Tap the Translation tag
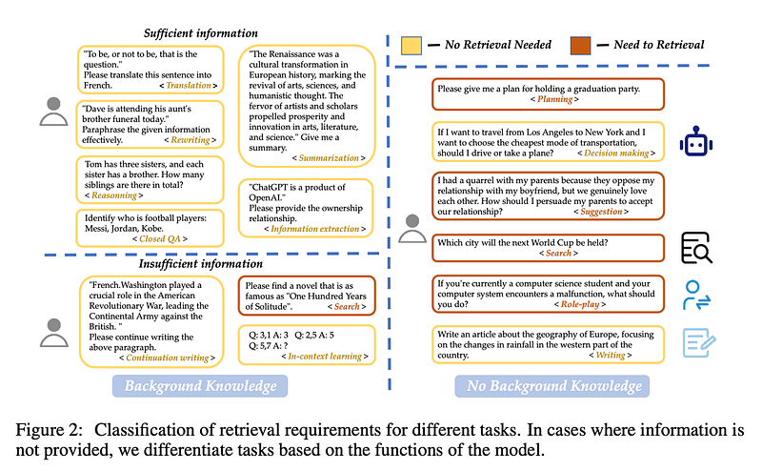(188, 86)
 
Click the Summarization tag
(331, 156)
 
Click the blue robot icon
(695, 142)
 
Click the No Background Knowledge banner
(552, 385)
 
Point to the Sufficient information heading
(201, 33)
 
